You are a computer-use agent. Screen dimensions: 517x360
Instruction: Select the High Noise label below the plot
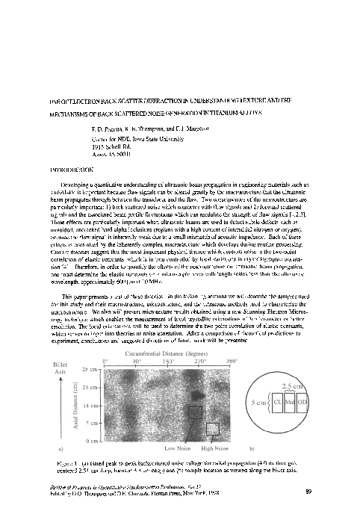tap(214, 448)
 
